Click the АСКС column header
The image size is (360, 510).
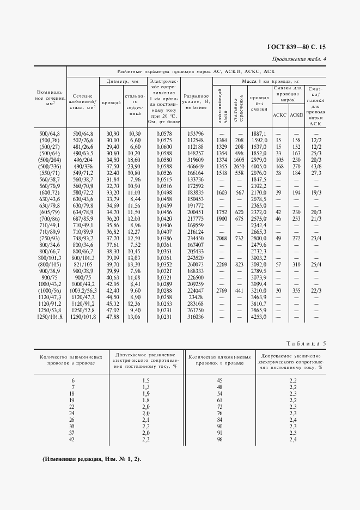click(279, 115)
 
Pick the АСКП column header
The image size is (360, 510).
click(297, 115)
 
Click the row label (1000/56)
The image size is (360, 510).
click(50, 292)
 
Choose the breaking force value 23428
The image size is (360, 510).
click(195, 297)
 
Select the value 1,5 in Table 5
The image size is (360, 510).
click(146, 379)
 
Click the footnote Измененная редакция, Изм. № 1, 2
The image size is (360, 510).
click(91, 459)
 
